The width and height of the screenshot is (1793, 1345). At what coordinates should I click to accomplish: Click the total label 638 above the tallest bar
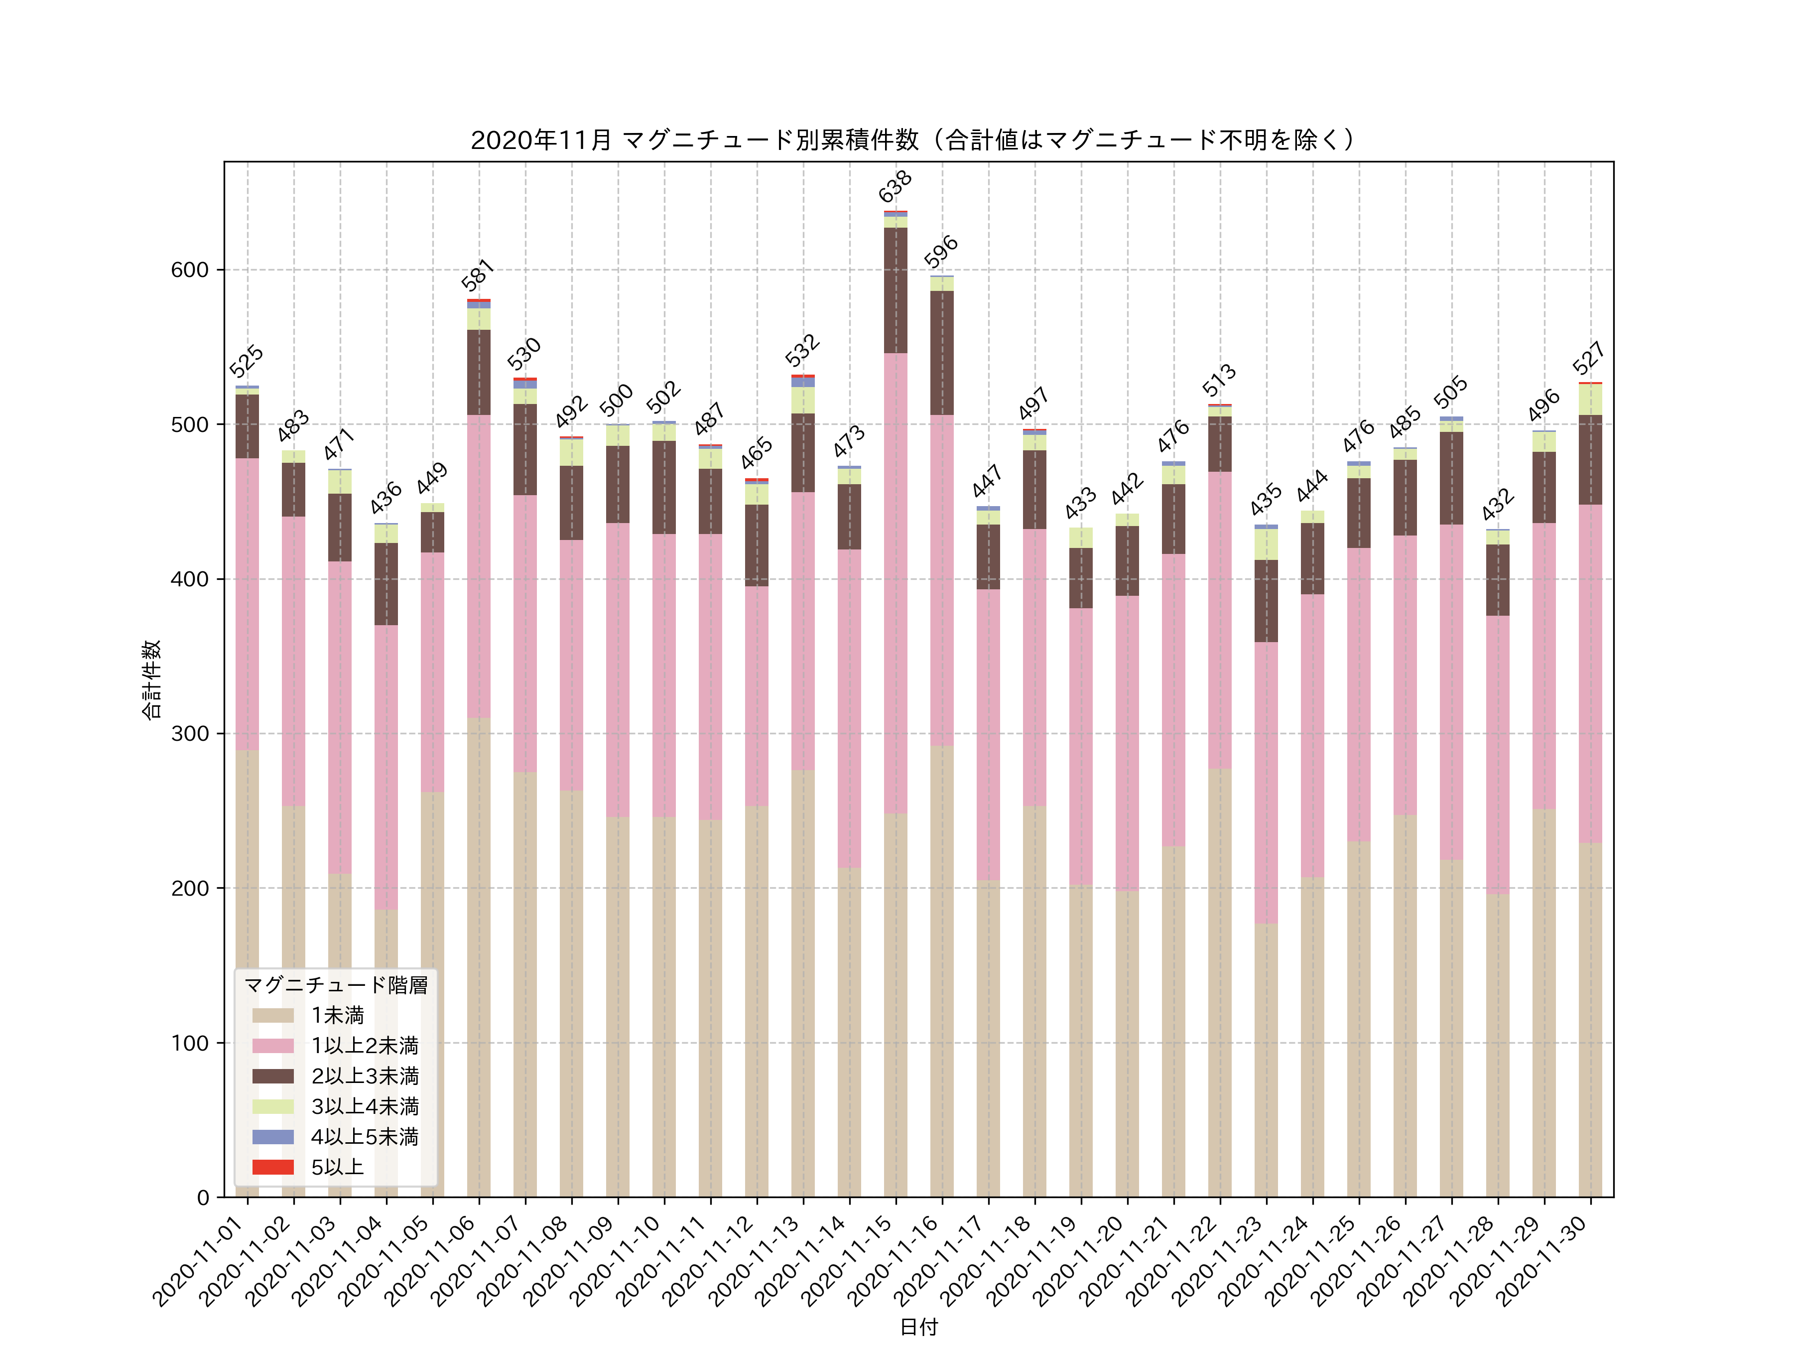click(x=895, y=186)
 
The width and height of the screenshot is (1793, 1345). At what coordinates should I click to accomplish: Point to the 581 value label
click(x=478, y=275)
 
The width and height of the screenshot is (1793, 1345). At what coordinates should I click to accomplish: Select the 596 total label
click(x=941, y=252)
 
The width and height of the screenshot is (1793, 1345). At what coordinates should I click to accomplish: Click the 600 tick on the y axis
click(x=190, y=270)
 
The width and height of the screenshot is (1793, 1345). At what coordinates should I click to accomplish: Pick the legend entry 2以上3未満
click(x=365, y=1076)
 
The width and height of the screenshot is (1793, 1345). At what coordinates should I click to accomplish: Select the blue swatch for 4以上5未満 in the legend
click(x=272, y=1137)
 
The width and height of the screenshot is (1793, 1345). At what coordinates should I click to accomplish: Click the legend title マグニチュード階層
click(x=336, y=985)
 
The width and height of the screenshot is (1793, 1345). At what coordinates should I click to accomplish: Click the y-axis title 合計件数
click(x=151, y=679)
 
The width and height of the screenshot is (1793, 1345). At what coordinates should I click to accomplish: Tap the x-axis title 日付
click(x=918, y=1327)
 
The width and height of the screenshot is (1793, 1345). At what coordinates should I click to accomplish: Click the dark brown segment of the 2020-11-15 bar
click(x=896, y=290)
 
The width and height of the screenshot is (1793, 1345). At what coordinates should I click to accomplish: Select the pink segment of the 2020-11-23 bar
click(x=1266, y=783)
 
